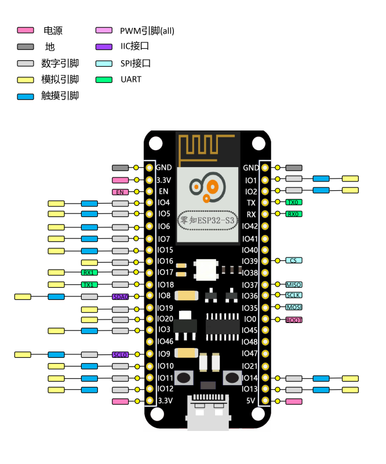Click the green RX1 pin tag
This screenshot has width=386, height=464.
point(89,273)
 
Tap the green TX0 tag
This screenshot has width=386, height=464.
point(294,202)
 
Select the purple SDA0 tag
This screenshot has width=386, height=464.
point(120,296)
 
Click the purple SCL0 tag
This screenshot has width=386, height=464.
point(120,354)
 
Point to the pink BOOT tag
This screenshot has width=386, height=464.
point(294,320)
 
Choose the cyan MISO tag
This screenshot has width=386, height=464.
point(294,284)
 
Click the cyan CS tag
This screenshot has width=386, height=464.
point(294,261)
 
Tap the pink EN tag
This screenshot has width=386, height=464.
point(120,191)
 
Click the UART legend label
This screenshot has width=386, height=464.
point(131,79)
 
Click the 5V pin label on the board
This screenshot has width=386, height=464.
point(250,401)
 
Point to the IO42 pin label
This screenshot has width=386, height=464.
point(249,226)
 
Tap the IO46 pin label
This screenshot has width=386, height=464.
point(165,342)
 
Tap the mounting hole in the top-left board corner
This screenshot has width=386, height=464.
point(155,143)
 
